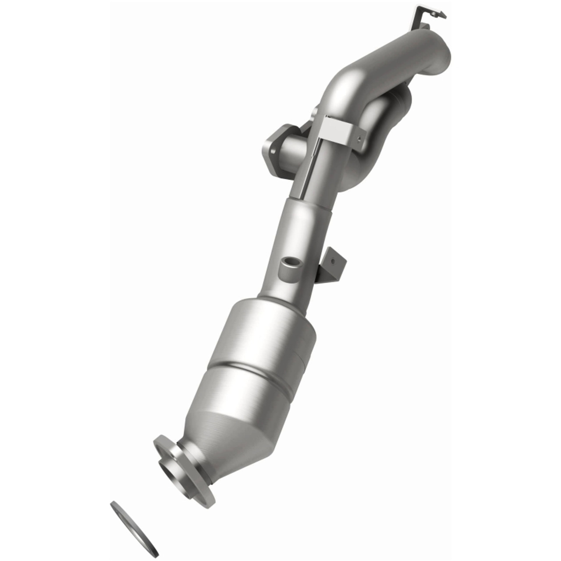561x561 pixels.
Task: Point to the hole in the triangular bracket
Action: tap(333, 261)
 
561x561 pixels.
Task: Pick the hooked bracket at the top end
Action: tap(427, 13)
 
